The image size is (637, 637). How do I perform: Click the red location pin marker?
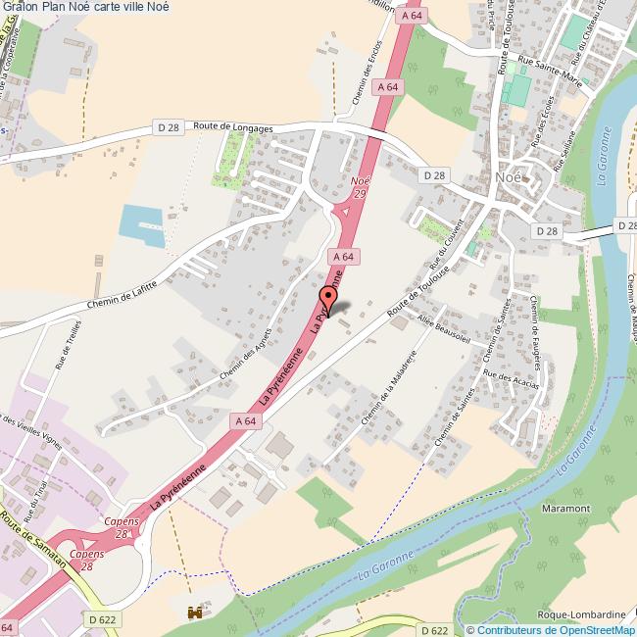tap(328, 298)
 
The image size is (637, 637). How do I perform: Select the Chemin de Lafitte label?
tap(122, 294)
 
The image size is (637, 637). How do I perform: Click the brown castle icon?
tap(194, 612)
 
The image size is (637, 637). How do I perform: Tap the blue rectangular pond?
tap(141, 224)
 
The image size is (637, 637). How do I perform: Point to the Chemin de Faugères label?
tap(537, 325)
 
